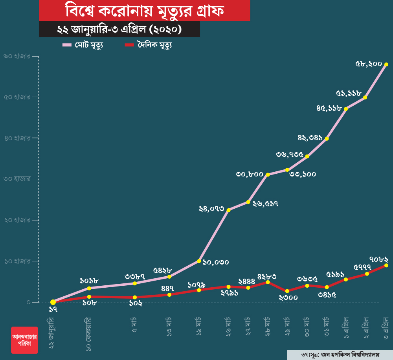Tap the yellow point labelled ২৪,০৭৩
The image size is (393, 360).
pyautogui.click(x=229, y=210)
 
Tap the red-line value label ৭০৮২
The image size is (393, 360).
pyautogui.click(x=379, y=259)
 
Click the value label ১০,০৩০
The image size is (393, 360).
pyautogui.click(x=215, y=262)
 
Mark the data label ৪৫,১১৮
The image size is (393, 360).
pyautogui.click(x=329, y=108)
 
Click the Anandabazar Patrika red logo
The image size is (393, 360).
pyautogui.click(x=24, y=340)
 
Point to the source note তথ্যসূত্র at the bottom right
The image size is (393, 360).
pyautogui.click(x=340, y=354)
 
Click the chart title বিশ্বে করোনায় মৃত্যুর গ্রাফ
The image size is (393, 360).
pyautogui.click(x=145, y=11)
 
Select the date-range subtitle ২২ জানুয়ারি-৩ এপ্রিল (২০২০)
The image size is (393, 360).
pyautogui.click(x=119, y=29)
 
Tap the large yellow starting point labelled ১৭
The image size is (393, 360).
pyautogui.click(x=53, y=302)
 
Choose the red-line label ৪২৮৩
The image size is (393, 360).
pyautogui.click(x=267, y=276)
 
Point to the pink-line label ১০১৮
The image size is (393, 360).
pyautogui.click(x=89, y=281)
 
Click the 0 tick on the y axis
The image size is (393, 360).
pyautogui.click(x=28, y=302)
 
